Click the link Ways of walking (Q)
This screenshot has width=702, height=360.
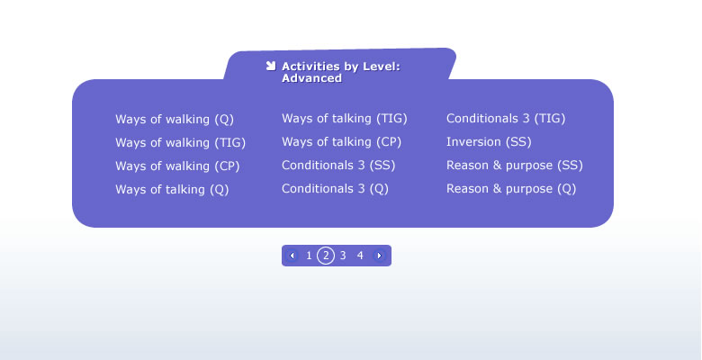tap(175, 120)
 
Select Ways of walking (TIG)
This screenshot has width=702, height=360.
tap(180, 143)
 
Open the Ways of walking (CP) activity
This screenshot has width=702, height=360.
tap(177, 166)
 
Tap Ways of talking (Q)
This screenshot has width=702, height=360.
tap(172, 189)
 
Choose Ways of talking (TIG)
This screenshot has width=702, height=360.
tap(345, 119)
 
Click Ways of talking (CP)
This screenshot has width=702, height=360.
tap(342, 142)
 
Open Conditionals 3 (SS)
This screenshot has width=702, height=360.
tap(338, 166)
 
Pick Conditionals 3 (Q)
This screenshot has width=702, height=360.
tap(335, 188)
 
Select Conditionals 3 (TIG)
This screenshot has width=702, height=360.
tap(506, 119)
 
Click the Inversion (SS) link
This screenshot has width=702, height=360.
tap(489, 142)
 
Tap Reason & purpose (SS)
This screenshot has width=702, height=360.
tap(515, 166)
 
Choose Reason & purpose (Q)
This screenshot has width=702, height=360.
tap(511, 188)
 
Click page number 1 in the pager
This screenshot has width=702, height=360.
tap(309, 256)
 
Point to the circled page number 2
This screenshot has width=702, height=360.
tap(326, 256)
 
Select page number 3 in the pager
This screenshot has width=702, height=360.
tap(343, 256)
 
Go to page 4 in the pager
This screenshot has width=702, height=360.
tap(360, 256)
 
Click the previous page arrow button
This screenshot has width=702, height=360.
tap(292, 256)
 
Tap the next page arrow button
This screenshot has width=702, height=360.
tap(379, 256)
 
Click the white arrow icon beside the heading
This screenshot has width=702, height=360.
tap(270, 67)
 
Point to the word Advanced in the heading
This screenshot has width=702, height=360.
tap(311, 78)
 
